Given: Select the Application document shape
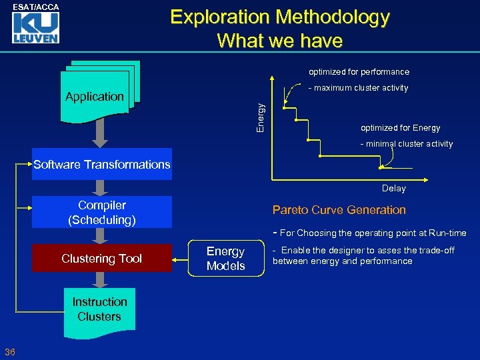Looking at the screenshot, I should click(x=95, y=97).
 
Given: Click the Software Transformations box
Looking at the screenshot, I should click(x=102, y=165).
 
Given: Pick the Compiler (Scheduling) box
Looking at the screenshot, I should click(x=102, y=212).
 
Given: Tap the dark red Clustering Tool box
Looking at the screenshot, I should click(x=102, y=259).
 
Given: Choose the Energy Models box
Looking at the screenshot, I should click(x=225, y=259).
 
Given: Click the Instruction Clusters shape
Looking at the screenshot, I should click(x=99, y=310).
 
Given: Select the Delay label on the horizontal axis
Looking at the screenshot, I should click(x=393, y=189).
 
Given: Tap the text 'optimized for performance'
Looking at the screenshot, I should click(x=359, y=72).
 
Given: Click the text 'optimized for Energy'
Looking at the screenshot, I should click(x=400, y=128).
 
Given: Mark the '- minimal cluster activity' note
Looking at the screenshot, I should click(x=406, y=144).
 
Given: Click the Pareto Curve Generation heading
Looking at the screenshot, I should click(x=339, y=210).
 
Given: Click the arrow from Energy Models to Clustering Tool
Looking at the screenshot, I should click(x=180, y=259).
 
